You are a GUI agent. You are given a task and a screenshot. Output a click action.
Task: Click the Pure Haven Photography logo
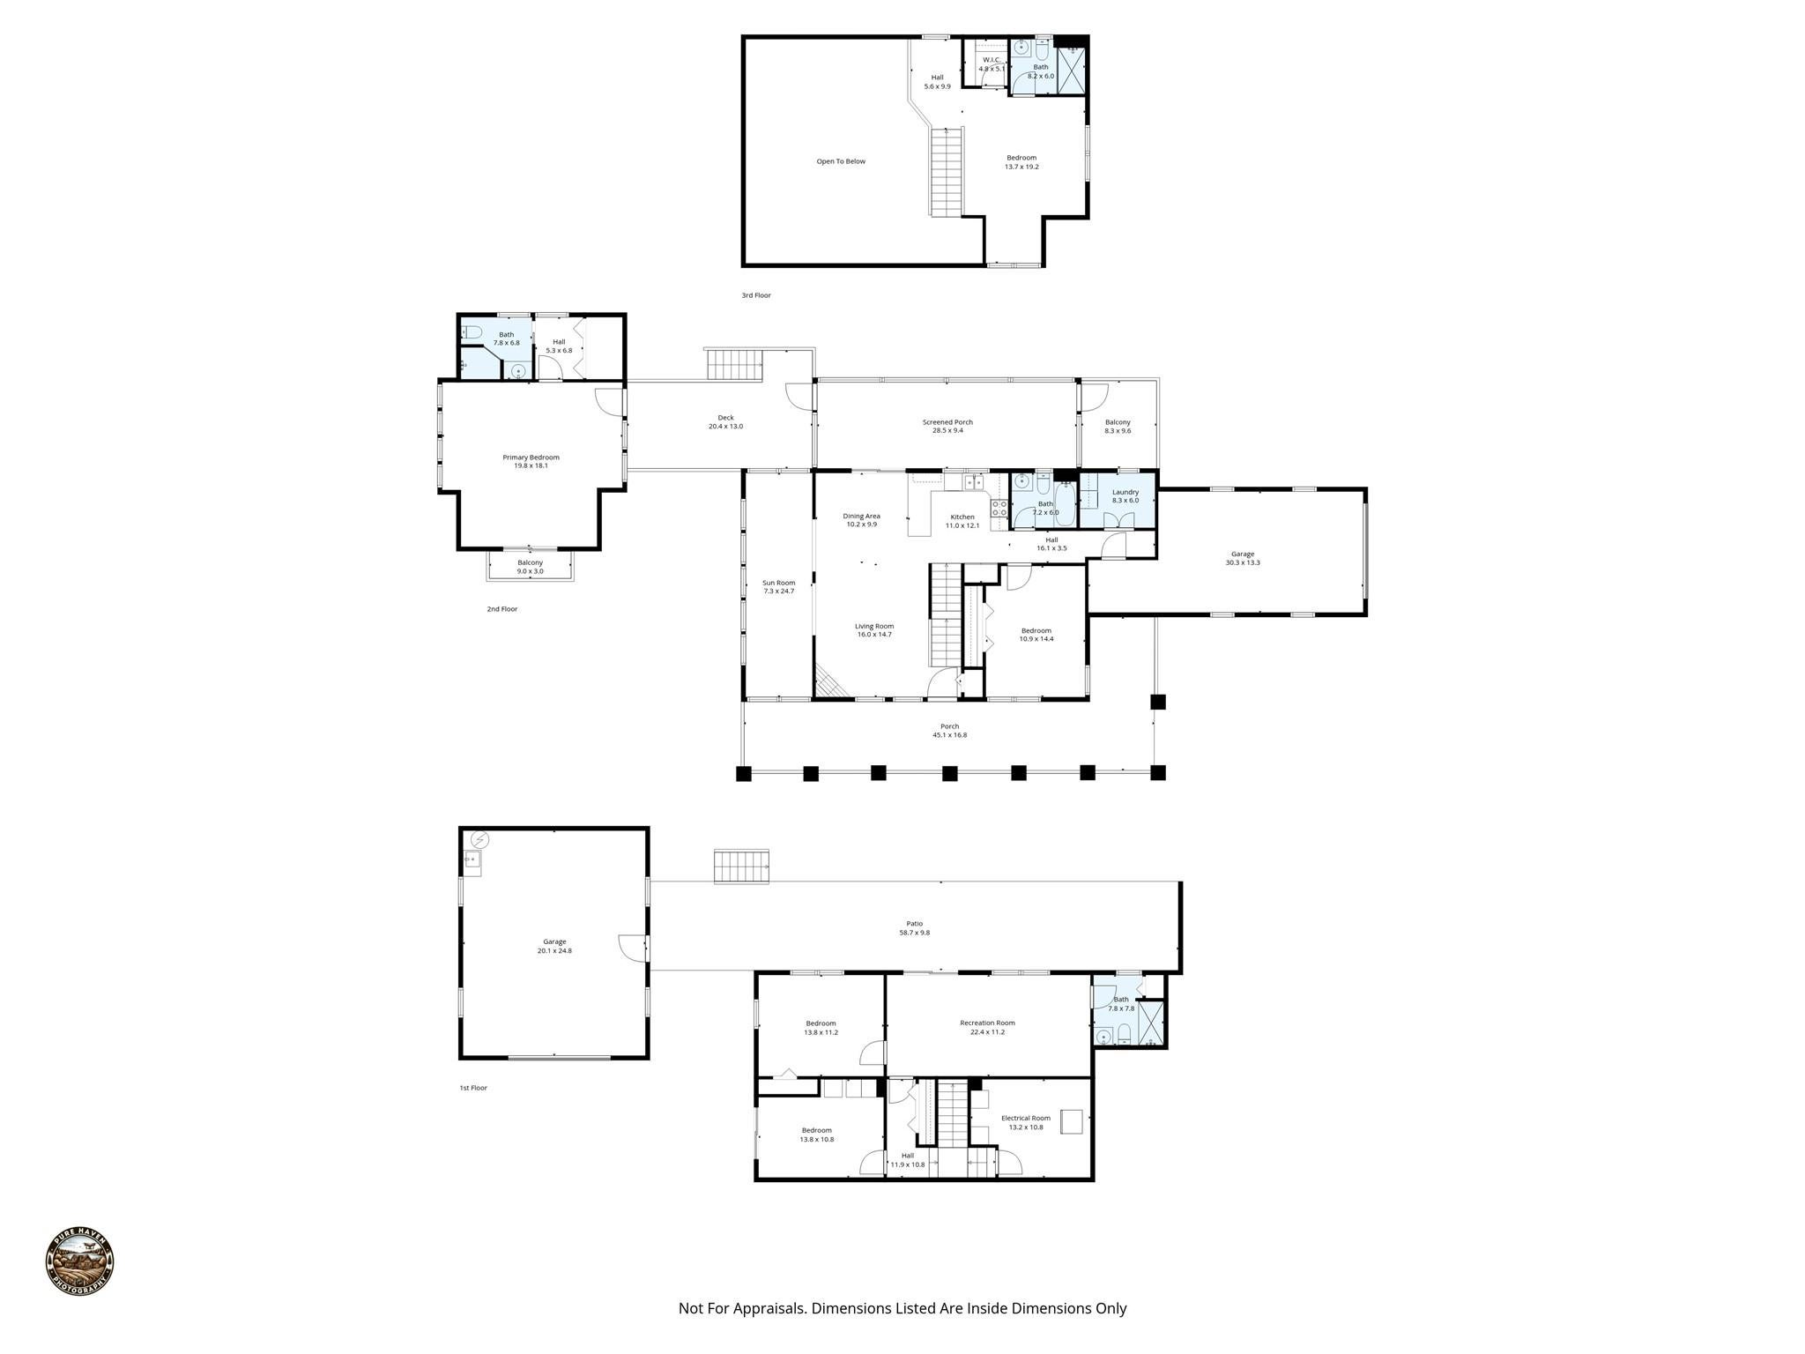[79, 1261]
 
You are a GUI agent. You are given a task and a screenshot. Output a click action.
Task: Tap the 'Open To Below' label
[840, 161]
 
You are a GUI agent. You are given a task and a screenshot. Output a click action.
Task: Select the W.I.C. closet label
[991, 64]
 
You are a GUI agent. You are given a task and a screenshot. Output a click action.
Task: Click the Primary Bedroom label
[531, 461]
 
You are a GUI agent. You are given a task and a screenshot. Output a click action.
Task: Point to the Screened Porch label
[947, 426]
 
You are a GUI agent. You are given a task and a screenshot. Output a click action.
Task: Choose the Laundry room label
[1125, 495]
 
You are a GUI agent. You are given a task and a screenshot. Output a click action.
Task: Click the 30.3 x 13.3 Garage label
[1242, 558]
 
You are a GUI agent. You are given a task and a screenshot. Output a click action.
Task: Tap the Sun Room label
[778, 586]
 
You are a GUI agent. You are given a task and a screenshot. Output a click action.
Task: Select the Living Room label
[873, 630]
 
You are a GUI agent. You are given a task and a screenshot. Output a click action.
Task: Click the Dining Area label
[861, 520]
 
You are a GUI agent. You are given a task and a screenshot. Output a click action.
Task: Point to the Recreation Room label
[987, 1027]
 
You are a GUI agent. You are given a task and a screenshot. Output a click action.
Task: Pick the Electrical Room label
[1025, 1122]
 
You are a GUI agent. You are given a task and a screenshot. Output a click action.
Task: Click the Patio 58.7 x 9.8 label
[914, 927]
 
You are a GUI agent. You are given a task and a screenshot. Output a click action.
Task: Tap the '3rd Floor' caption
[755, 295]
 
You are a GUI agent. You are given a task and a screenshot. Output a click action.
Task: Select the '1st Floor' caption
[472, 1088]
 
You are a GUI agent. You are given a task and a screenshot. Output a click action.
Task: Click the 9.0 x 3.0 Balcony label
[530, 567]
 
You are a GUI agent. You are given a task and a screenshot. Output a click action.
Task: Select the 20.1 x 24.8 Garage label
[554, 946]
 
